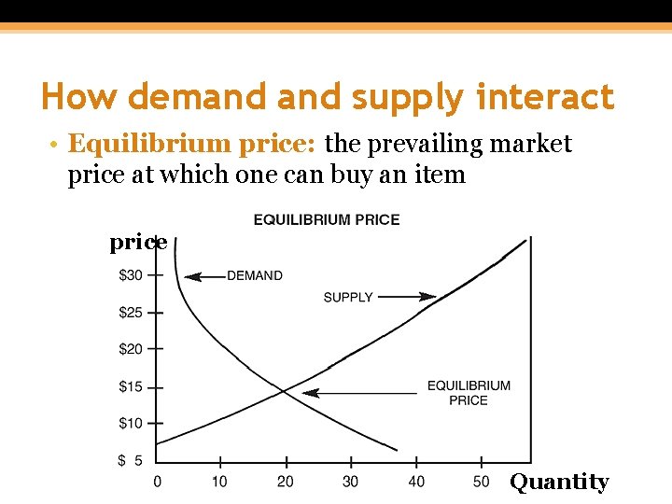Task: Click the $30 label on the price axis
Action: pos(131,275)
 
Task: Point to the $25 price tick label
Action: pos(131,313)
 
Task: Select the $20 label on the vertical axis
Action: pos(131,349)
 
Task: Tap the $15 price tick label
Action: pos(131,386)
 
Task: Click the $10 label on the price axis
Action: pos(131,424)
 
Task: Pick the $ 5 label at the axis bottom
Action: pos(131,460)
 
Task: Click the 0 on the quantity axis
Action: pos(157,482)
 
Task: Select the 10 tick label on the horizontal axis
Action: pos(219,482)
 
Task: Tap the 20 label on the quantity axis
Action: pos(286,482)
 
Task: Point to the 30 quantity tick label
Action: pos(350,482)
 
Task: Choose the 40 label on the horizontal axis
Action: pos(416,482)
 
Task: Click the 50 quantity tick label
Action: pos(482,482)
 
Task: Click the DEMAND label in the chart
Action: pos(255,275)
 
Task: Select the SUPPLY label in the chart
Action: pos(348,297)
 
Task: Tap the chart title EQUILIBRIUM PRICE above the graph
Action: pos(327,220)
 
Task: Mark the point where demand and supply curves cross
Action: pos(286,389)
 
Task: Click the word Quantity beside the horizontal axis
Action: pos(559,482)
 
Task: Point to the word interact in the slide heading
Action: pos(546,96)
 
